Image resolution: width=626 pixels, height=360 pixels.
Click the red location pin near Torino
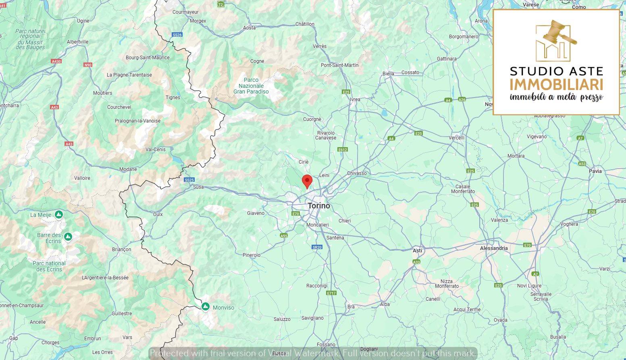pyautogui.click(x=307, y=181)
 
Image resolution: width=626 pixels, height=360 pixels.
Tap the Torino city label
pyautogui.click(x=319, y=206)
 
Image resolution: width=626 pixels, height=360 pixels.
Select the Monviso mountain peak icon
pyautogui.click(x=206, y=307)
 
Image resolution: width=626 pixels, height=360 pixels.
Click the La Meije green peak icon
pyautogui.click(x=59, y=214)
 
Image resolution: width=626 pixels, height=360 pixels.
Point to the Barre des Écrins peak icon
pyautogui.click(x=68, y=236)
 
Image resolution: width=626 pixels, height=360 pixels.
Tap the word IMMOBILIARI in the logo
pyautogui.click(x=556, y=85)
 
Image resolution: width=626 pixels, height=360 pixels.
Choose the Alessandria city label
pyautogui.click(x=494, y=248)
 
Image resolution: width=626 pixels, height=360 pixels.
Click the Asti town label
pyautogui.click(x=417, y=251)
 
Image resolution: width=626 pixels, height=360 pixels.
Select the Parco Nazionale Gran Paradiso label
pyautogui.click(x=251, y=86)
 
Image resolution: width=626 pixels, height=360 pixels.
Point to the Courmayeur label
pyautogui.click(x=185, y=12)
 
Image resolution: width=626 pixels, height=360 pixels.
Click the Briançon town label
pyautogui.click(x=121, y=250)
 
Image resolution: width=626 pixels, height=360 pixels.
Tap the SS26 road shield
pyautogui.click(x=177, y=35)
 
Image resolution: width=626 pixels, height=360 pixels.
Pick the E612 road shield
pyautogui.click(x=343, y=150)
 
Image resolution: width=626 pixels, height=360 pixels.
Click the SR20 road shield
pyautogui.click(x=317, y=247)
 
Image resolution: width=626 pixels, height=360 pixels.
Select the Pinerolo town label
pyautogui.click(x=252, y=255)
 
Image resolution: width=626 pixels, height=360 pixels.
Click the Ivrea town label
pyautogui.click(x=355, y=100)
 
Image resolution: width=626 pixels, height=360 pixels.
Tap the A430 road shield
pyautogui.click(x=56, y=61)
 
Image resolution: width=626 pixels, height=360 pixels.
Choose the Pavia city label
pyautogui.click(x=595, y=171)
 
